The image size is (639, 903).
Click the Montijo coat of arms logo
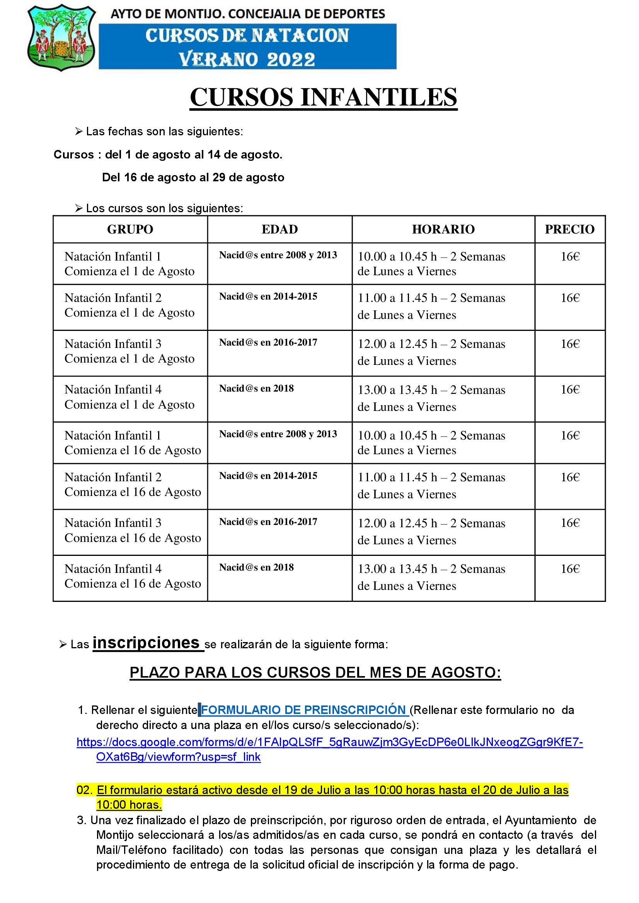click(61, 38)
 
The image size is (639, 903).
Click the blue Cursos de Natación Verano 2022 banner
click(247, 47)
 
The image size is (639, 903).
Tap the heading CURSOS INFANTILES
click(323, 97)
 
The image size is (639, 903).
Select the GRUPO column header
click(130, 229)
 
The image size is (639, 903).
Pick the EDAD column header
click(279, 229)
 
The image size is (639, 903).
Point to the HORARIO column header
click(443, 229)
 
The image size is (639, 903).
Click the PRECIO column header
click(569, 229)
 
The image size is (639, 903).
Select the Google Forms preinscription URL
click(329, 743)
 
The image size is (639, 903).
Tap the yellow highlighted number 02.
click(84, 790)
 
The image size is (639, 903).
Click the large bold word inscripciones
click(146, 643)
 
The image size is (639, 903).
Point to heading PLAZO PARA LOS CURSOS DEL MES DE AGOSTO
click(315, 673)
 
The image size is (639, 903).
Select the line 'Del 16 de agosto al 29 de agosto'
click(193, 177)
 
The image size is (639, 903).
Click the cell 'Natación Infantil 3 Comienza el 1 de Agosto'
click(130, 351)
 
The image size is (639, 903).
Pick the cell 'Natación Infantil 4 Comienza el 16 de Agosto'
click(133, 576)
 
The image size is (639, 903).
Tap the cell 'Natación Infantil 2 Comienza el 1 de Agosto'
click(130, 305)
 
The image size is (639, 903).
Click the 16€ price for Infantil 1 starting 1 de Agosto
click(570, 257)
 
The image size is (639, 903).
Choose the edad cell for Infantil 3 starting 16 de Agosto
click(268, 522)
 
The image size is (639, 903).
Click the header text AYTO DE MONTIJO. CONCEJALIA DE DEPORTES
click(247, 15)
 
